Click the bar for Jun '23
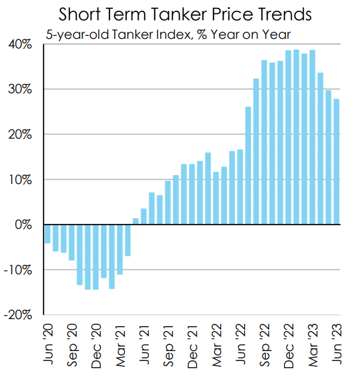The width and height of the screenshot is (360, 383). tap(336, 162)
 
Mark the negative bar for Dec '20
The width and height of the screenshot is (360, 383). tap(96, 257)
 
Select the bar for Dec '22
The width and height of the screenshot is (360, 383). tap(288, 137)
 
